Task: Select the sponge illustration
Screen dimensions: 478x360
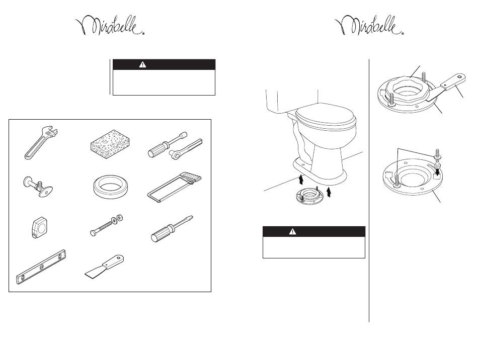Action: (x=110, y=141)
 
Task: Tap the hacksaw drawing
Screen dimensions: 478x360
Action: (x=175, y=187)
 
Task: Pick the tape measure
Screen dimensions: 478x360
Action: (x=39, y=227)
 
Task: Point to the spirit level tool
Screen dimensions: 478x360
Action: (x=41, y=267)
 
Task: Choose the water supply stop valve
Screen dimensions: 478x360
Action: (x=38, y=186)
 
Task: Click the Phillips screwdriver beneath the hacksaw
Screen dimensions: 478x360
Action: (x=172, y=229)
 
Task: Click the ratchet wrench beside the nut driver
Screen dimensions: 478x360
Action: (x=185, y=149)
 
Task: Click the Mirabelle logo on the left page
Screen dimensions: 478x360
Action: (x=110, y=26)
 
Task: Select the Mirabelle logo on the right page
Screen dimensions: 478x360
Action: (x=369, y=26)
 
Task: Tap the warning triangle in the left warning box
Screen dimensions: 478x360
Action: (x=142, y=64)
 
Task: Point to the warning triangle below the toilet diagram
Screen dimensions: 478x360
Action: (x=292, y=232)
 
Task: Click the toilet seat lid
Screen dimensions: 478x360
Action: (x=325, y=116)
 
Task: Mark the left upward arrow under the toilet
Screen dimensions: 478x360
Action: (x=301, y=179)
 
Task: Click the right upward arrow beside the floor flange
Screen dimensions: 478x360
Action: (x=329, y=192)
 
